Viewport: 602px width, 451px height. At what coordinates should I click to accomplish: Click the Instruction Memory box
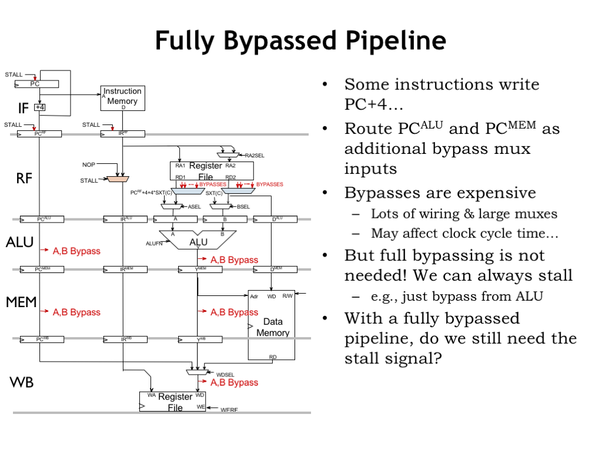tap(122, 97)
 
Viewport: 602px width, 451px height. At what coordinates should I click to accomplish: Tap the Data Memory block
tap(272, 325)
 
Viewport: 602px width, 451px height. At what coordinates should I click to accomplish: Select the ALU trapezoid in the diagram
tap(198, 241)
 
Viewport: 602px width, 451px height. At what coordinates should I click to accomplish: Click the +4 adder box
tap(40, 107)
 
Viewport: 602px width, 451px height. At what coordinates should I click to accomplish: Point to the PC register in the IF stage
tap(36, 84)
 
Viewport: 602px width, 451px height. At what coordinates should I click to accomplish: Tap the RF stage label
tap(24, 179)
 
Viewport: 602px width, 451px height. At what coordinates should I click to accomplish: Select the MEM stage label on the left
tap(22, 302)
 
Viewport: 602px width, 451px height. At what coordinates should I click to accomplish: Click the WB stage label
tap(22, 383)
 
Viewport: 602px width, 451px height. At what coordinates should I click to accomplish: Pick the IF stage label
tap(23, 107)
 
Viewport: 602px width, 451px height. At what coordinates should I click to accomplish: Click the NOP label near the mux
tap(88, 165)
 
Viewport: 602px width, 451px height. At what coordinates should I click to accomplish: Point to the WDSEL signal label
tap(225, 374)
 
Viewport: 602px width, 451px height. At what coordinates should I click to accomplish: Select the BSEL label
tap(243, 207)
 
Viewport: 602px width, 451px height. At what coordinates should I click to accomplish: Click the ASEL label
tap(194, 207)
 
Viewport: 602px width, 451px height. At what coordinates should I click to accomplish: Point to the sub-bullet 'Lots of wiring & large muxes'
tap(464, 214)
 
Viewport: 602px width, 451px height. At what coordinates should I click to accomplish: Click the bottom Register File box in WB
tap(173, 402)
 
